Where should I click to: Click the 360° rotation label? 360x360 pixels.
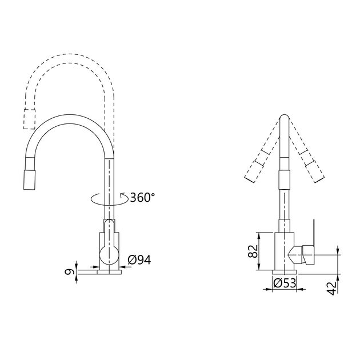tap(142, 197)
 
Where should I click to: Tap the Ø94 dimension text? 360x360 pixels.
tap(139, 260)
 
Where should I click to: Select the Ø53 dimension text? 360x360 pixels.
tap(285, 283)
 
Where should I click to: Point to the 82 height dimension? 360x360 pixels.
tap(253, 251)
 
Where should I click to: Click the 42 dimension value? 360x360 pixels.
tap(331, 288)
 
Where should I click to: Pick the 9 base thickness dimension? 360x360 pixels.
tap(69, 272)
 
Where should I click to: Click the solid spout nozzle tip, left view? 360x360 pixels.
tap(30, 180)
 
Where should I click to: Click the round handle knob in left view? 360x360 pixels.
tap(109, 255)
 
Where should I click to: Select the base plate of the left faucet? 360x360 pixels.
tap(109, 272)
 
